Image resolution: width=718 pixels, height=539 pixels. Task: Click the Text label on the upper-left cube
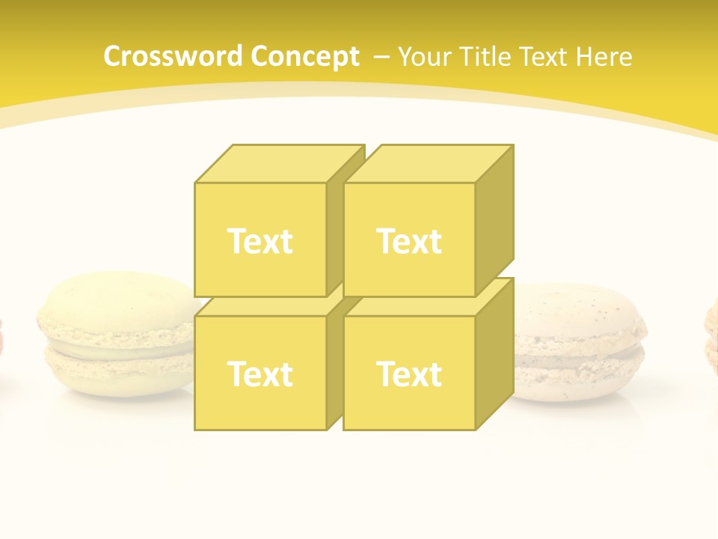pos(260,241)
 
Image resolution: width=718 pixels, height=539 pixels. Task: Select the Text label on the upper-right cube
pos(408,241)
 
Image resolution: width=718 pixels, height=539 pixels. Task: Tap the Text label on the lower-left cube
pos(260,374)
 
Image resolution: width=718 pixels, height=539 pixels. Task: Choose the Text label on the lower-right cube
pos(408,374)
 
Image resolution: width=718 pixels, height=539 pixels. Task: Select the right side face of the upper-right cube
pos(494,221)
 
